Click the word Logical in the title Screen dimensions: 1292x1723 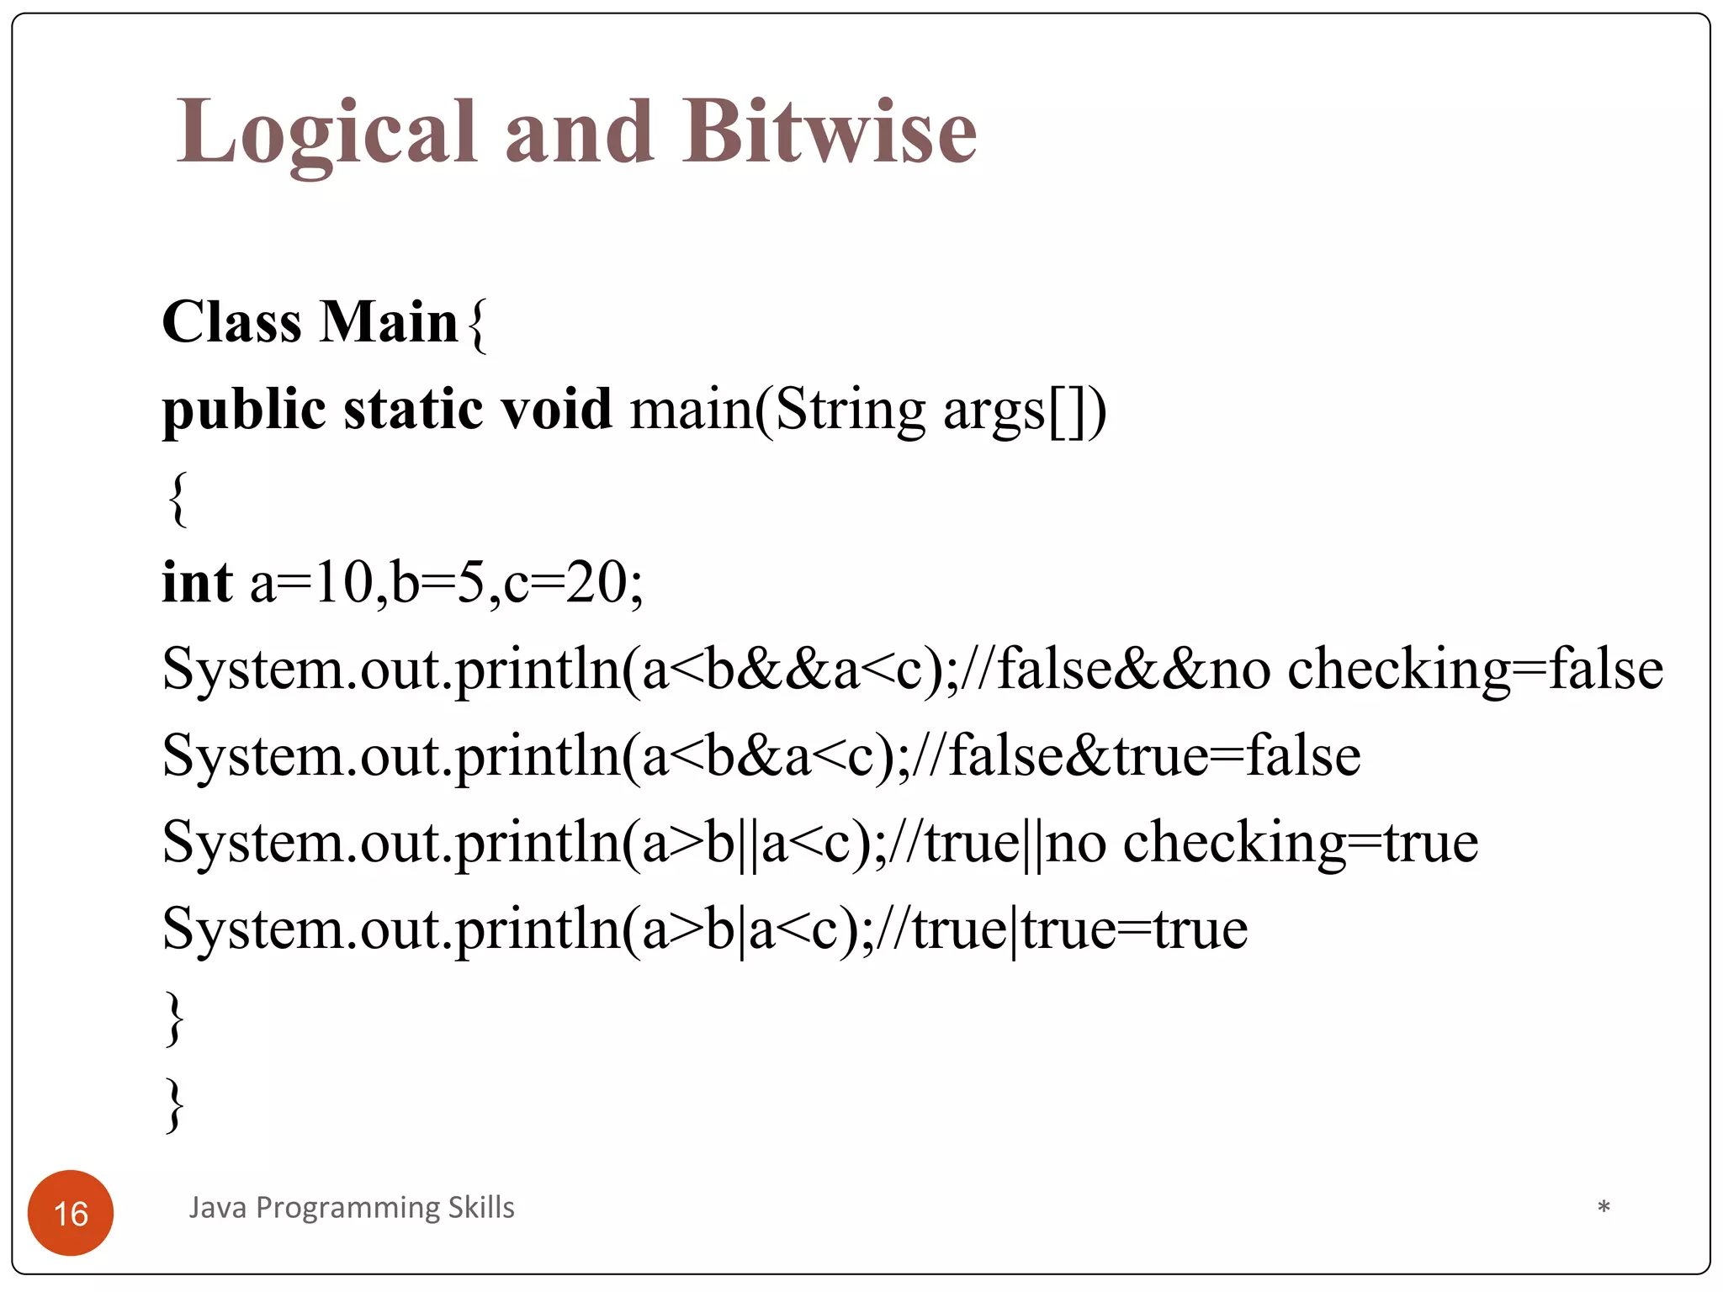tap(326, 133)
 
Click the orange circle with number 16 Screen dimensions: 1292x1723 tap(71, 1212)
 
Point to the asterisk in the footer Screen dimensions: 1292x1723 tap(1604, 1208)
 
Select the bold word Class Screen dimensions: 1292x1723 tap(231, 322)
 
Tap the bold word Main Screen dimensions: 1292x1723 tap(389, 322)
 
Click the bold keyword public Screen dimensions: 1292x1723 tap(243, 410)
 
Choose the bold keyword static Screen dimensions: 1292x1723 tap(413, 410)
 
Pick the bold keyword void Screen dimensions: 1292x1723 tap(556, 409)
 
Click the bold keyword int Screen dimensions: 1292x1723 tap(197, 582)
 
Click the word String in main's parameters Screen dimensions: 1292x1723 tap(850, 410)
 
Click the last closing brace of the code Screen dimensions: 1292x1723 tap(174, 1104)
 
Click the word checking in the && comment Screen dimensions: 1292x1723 tap(1398, 670)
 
